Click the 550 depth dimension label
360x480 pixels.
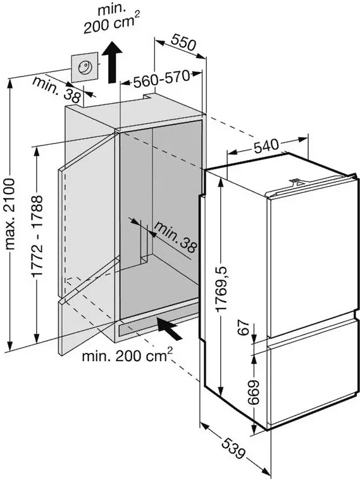183,42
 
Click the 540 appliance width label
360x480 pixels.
266,145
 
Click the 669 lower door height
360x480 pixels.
253,393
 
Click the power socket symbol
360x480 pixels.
85,67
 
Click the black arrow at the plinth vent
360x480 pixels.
169,328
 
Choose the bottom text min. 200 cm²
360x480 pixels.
127,355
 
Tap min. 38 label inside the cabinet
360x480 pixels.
175,237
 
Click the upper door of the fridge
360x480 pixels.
311,257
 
